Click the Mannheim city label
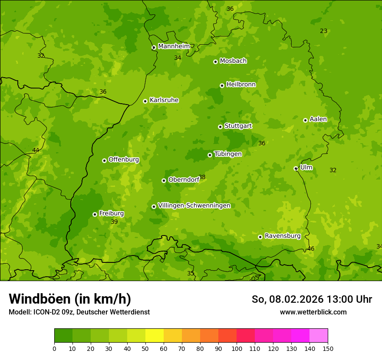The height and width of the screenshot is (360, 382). pyautogui.click(x=174, y=46)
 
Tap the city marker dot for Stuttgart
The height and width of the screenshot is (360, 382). pyautogui.click(x=220, y=127)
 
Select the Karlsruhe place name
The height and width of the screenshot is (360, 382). pyautogui.click(x=164, y=100)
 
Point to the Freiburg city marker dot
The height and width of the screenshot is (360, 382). pyautogui.click(x=95, y=214)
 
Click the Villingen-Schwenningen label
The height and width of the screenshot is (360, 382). pyautogui.click(x=194, y=206)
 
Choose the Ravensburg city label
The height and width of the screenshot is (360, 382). pyautogui.click(x=282, y=236)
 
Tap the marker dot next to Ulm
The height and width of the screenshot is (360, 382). pyautogui.click(x=296, y=168)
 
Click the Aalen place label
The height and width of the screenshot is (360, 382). pyautogui.click(x=318, y=119)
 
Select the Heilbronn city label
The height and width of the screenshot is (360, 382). pyautogui.click(x=240, y=85)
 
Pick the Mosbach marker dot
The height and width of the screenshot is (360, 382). pyautogui.click(x=215, y=62)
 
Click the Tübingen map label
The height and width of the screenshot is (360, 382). pyautogui.click(x=227, y=154)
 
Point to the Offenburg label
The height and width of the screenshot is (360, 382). pyautogui.click(x=123, y=160)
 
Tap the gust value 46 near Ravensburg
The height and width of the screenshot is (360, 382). pyautogui.click(x=310, y=249)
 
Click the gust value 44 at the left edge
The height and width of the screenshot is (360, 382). pyautogui.click(x=36, y=151)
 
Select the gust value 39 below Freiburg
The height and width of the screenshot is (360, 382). pyautogui.click(x=114, y=222)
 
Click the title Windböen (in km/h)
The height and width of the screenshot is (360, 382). pyautogui.click(x=70, y=299)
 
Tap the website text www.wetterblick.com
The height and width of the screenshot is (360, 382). pyautogui.click(x=313, y=312)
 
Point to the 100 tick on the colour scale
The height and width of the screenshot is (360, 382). pyautogui.click(x=237, y=348)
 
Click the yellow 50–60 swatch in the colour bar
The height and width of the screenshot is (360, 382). pyautogui.click(x=155, y=336)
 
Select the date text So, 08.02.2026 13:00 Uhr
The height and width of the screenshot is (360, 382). pyautogui.click(x=311, y=299)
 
